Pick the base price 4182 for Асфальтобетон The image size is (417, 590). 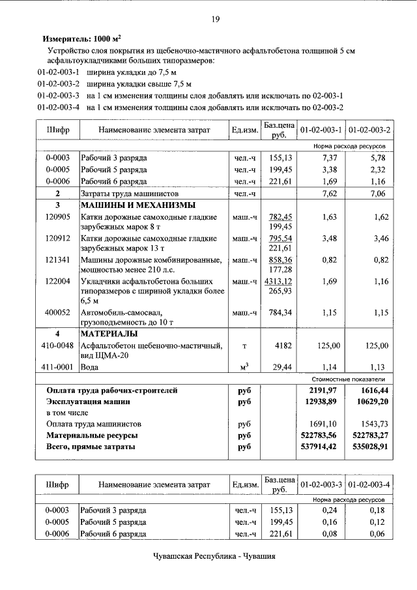pyautogui.click(x=283, y=346)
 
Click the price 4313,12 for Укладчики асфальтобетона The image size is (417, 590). pyautogui.click(x=278, y=280)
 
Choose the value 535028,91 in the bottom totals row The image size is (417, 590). pyautogui.click(x=368, y=447)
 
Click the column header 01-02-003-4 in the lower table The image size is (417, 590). pyautogui.click(x=368, y=485)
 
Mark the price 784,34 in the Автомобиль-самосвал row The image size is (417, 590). pyautogui.click(x=280, y=312)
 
